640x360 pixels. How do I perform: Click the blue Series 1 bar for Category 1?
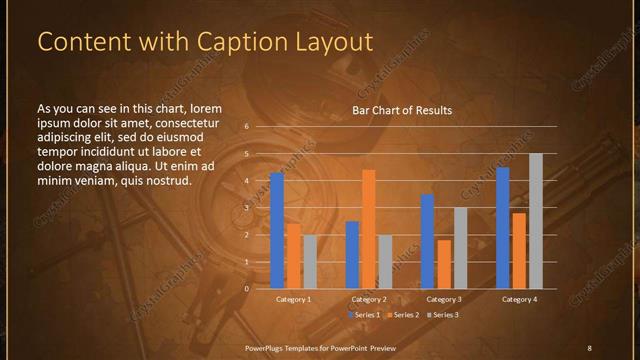[x=277, y=231]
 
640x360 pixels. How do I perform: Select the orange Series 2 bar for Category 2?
[x=369, y=229]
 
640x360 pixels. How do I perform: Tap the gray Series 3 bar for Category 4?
[x=536, y=221]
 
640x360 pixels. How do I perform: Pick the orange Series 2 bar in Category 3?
[x=444, y=264]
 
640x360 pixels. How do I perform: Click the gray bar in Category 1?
[x=310, y=262]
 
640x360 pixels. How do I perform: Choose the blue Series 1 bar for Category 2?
[x=352, y=255]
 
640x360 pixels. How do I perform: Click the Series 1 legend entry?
[x=366, y=315]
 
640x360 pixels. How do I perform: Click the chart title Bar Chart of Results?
[x=402, y=110]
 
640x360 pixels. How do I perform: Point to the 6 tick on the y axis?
[x=246, y=128]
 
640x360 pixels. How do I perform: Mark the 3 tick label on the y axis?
[x=246, y=208]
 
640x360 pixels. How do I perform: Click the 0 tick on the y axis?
[x=246, y=289]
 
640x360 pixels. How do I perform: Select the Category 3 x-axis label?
[x=444, y=299]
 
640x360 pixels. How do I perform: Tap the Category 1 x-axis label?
[x=293, y=299]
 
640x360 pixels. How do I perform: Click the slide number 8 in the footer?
[x=589, y=347]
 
